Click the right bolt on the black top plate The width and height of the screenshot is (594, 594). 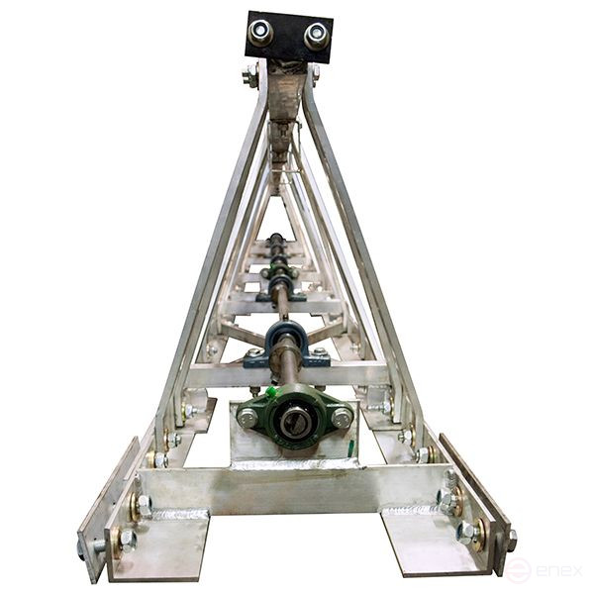click(x=317, y=34)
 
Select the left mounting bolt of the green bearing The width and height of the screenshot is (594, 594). click(x=247, y=418)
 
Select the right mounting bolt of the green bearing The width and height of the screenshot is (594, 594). click(x=342, y=418)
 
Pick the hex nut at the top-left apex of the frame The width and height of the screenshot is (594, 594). click(x=247, y=75)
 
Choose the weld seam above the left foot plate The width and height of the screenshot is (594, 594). click(x=178, y=515)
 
